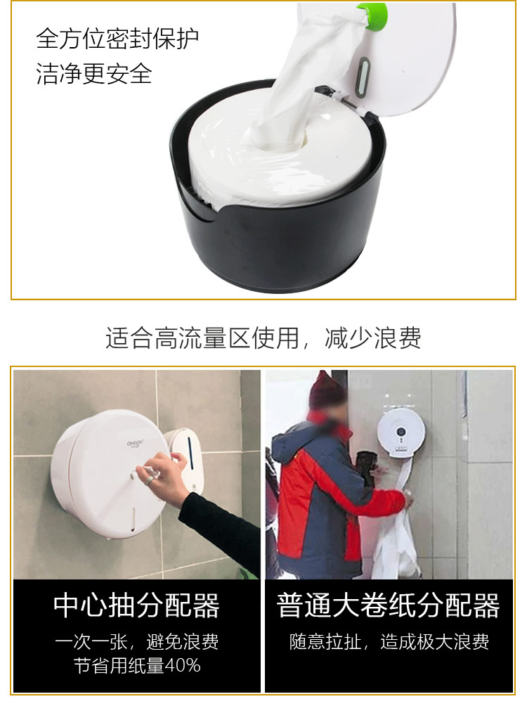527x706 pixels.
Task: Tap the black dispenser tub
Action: click(x=281, y=239)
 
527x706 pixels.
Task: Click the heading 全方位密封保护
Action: click(x=117, y=39)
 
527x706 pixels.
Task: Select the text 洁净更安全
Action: click(x=94, y=73)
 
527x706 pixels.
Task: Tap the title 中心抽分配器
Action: click(x=137, y=605)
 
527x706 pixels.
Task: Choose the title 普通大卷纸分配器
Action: click(x=389, y=605)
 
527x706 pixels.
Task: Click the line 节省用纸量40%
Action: click(x=137, y=665)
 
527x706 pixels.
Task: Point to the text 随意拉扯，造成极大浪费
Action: click(x=389, y=641)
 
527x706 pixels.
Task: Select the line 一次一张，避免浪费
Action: click(x=137, y=641)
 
